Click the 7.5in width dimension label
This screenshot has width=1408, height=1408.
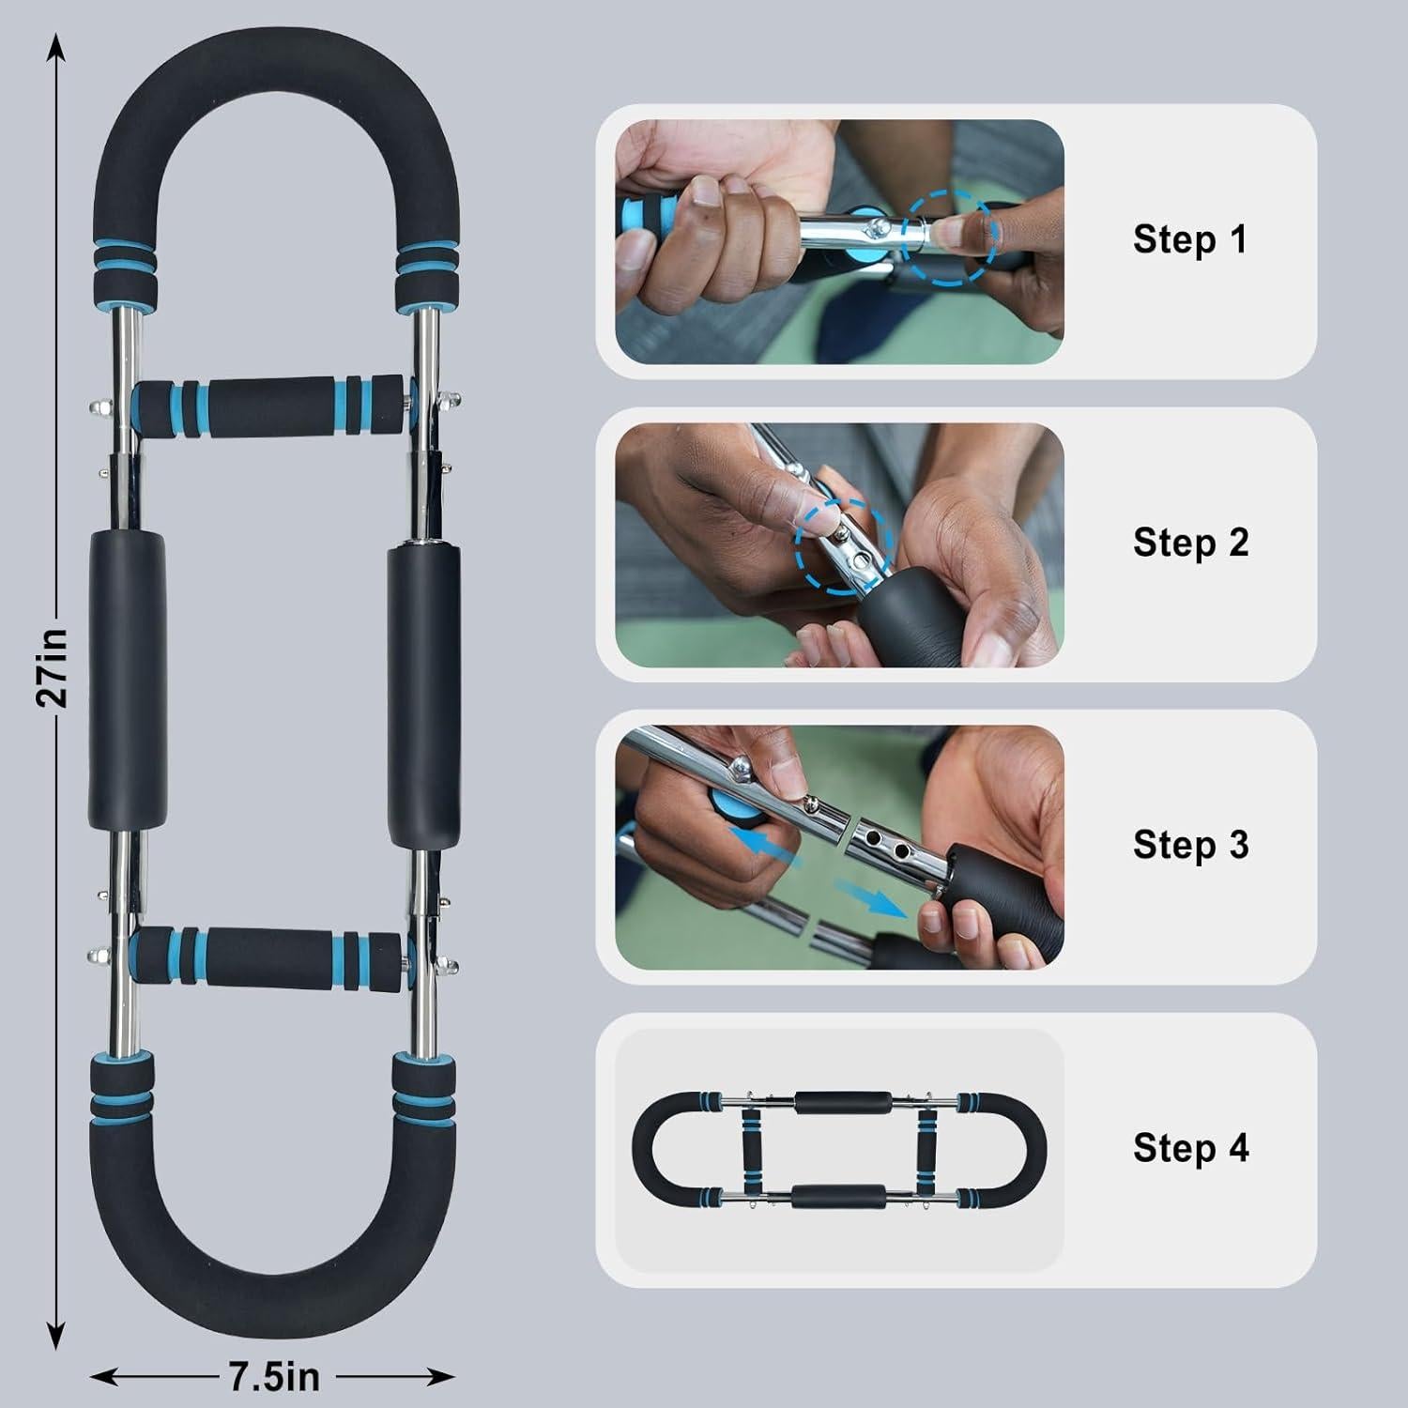pos(274,1377)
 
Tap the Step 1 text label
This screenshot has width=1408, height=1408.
pos(1190,239)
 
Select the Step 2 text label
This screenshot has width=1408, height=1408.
pos(1190,543)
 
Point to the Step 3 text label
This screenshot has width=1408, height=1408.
pos(1190,845)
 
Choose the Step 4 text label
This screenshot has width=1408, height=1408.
pos(1190,1148)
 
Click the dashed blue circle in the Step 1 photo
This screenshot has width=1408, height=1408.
pos(945,237)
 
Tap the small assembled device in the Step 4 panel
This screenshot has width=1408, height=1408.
pos(838,1150)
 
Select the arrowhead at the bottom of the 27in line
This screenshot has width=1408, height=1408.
pos(56,1338)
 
